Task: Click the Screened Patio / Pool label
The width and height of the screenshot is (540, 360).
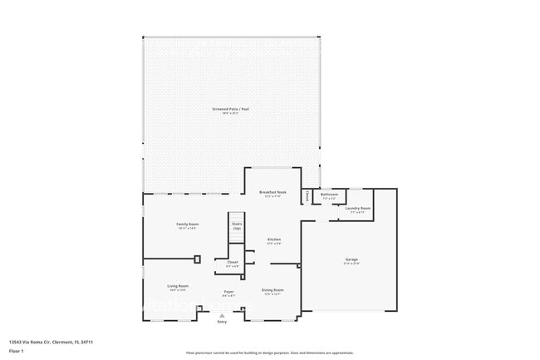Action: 231,109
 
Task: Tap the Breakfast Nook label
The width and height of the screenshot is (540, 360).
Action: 272,191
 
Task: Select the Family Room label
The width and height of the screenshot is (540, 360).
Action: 187,224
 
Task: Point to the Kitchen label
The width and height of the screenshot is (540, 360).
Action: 273,239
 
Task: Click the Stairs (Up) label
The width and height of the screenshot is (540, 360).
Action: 237,225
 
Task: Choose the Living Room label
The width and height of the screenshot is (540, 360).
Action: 178,286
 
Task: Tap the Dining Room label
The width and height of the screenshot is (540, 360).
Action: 272,289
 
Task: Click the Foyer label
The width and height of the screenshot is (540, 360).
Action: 228,292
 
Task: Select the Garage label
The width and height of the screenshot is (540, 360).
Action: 351,260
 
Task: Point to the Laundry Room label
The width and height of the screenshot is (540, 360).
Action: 358,209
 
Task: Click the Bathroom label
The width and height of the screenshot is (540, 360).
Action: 329,195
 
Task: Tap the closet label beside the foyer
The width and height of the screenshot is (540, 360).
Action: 233,262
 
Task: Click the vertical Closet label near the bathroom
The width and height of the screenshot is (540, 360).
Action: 307,196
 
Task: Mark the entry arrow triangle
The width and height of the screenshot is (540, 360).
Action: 222,315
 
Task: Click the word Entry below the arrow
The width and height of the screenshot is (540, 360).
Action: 222,322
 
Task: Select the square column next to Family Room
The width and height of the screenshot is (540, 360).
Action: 197,259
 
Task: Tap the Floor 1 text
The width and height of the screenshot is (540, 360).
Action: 17,351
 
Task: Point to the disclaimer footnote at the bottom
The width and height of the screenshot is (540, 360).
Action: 269,353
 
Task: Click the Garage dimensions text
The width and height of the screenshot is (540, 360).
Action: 351,264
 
